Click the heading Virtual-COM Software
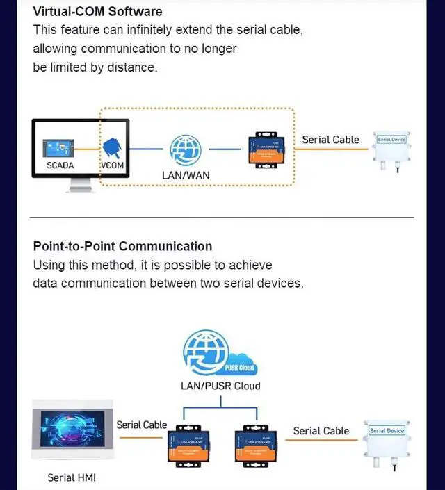coord(97,12)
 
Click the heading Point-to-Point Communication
coord(122,246)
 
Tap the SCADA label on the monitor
coord(60,165)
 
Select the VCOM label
coord(112,165)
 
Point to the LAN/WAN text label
coord(186,175)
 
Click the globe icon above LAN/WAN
coord(186,149)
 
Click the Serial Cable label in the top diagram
coord(330,140)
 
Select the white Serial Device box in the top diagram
coord(391,148)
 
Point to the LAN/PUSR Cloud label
coord(220,386)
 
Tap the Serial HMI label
coord(72,477)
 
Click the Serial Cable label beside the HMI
coord(142,425)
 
